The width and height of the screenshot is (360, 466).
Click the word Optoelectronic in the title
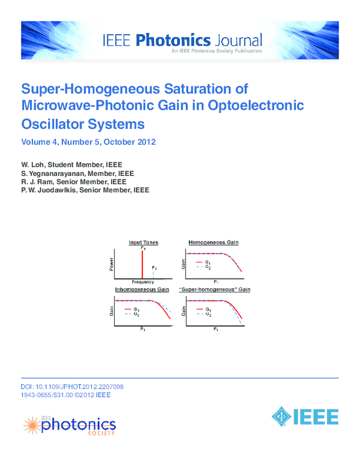pyautogui.click(x=254, y=107)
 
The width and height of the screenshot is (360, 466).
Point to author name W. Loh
pyautogui.click(x=33, y=164)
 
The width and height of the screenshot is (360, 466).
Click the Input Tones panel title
pyautogui.click(x=143, y=242)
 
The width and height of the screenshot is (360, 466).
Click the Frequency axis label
pyautogui.click(x=143, y=282)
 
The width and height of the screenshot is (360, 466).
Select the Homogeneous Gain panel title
pyautogui.click(x=214, y=242)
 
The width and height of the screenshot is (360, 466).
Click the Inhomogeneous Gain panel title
pyautogui.click(x=141, y=290)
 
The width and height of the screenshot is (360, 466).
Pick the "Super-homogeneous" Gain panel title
pyautogui.click(x=215, y=290)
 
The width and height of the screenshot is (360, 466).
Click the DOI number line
pyautogui.click(x=72, y=387)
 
